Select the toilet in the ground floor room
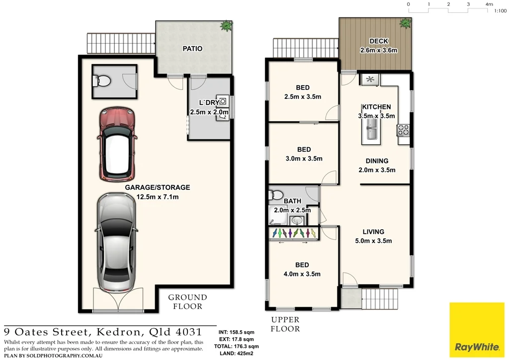(104, 80)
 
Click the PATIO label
(192, 49)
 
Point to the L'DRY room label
(209, 103)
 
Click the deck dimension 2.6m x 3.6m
(379, 50)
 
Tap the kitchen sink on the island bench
(371, 133)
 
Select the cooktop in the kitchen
(403, 130)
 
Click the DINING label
(377, 161)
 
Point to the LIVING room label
(373, 232)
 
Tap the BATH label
(292, 201)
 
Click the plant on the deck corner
(405, 23)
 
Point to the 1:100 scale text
(500, 10)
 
